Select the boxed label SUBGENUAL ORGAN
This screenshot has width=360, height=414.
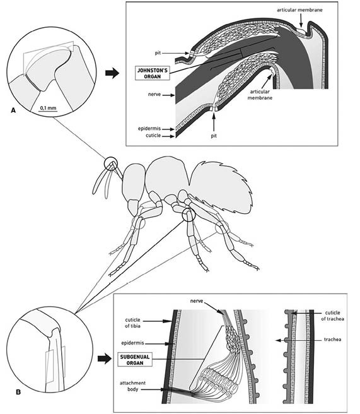click(x=134, y=360)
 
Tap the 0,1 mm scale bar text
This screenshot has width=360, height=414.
click(x=48, y=108)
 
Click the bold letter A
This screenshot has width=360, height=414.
click(x=13, y=110)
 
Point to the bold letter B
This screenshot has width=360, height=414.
click(x=18, y=392)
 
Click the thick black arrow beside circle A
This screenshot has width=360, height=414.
click(x=112, y=73)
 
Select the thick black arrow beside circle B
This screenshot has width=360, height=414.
click(x=105, y=358)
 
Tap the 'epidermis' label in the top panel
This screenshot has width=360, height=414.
click(x=149, y=129)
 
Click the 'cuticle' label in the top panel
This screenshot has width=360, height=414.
click(x=153, y=136)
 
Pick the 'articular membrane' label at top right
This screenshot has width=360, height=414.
click(x=299, y=10)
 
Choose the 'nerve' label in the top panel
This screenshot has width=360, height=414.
click(x=154, y=94)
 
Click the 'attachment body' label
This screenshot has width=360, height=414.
click(x=132, y=386)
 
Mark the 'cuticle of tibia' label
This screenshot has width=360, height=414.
click(x=132, y=322)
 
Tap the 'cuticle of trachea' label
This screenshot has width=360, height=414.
click(x=332, y=316)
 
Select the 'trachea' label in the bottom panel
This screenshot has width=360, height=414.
click(x=332, y=340)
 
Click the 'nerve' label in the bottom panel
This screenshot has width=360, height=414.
click(x=197, y=301)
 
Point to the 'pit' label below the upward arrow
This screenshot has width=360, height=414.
click(x=214, y=136)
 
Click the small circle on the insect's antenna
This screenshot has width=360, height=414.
click(x=110, y=164)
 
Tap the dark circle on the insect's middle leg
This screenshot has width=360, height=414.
click(x=189, y=215)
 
